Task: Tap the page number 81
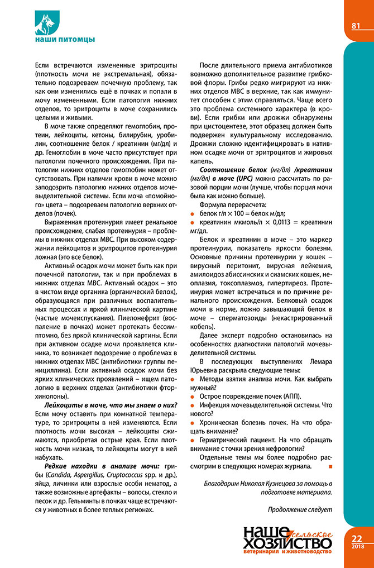tap(356, 26)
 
